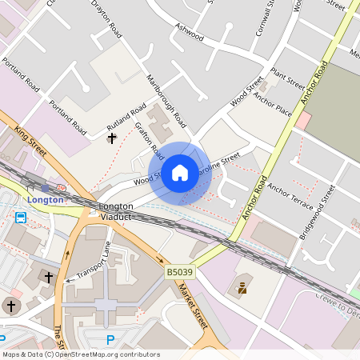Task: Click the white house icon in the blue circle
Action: [x=180, y=173]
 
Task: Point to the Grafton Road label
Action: [x=149, y=140]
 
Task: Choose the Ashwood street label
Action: [x=190, y=31]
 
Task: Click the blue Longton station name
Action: [x=45, y=199]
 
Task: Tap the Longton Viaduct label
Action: [x=115, y=211]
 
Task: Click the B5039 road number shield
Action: [x=179, y=273]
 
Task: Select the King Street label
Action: [x=30, y=140]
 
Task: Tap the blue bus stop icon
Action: [x=20, y=217]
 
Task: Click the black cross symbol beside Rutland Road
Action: [x=111, y=138]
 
